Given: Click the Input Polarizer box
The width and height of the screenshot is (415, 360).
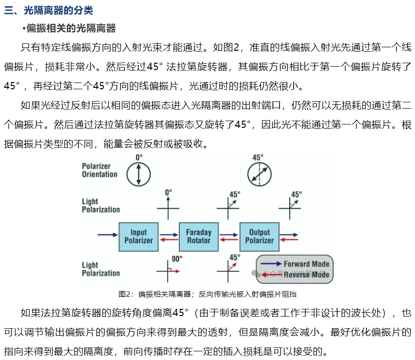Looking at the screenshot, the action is coord(138,237).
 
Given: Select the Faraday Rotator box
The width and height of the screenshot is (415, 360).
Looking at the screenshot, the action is coord(199,237).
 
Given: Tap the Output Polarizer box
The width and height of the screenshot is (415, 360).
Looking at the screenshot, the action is coord(259,237).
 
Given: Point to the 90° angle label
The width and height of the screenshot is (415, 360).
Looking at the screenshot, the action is coord(177,259).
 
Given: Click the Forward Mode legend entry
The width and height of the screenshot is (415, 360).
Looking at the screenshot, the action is coord(295,264).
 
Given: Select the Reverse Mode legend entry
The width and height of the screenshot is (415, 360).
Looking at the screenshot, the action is coord(295,275).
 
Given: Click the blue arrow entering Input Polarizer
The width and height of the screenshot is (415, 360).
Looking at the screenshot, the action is coord(107,235).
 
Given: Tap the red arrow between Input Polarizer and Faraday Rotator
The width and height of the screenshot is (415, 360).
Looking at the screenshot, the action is coord(169,240).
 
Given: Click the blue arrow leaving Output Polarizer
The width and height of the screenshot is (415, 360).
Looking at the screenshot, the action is coord(289,235).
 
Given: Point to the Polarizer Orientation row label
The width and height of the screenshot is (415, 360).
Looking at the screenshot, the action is coord(99,170).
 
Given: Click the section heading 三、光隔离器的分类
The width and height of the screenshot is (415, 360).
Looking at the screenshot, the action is coord(48,10).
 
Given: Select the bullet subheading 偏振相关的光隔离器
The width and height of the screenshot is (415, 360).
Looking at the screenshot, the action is coord(69,28).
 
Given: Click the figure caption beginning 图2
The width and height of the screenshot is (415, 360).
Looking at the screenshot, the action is coord(207,294).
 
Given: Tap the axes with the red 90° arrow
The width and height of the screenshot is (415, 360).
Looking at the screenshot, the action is coord(168,271).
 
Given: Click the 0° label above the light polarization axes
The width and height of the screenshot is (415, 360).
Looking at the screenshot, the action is coord(168,193).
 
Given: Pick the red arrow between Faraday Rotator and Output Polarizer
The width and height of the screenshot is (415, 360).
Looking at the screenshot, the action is coord(229,240).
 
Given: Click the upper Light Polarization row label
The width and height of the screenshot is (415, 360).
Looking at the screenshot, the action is coord(101,205).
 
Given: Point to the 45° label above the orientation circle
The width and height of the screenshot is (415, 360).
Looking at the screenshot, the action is coord(258,157).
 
